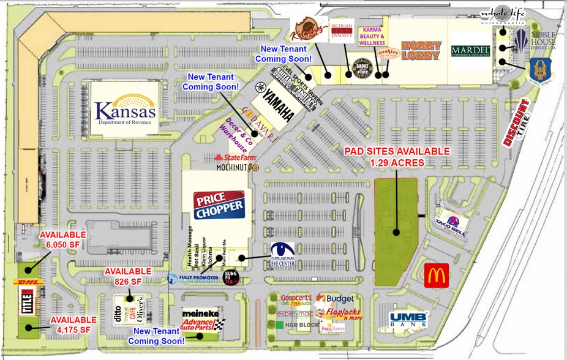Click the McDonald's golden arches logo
click(x=437, y=276)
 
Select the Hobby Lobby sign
click(x=421, y=51)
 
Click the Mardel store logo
click(x=470, y=51)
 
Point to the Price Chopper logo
click(x=219, y=205)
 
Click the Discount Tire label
click(x=516, y=122)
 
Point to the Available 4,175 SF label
click(x=73, y=324)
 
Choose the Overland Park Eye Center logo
click(x=282, y=253)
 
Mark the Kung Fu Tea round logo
click(x=231, y=277)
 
